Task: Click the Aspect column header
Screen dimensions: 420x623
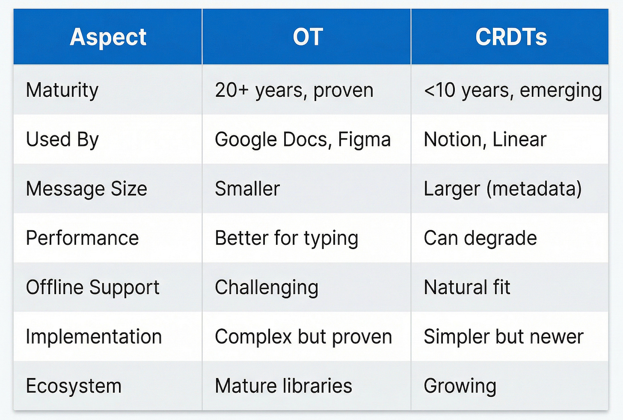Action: [108, 37]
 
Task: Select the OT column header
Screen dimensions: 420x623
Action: [307, 37]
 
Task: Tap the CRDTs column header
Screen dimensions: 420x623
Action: [511, 37]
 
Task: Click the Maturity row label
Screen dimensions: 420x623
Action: [62, 90]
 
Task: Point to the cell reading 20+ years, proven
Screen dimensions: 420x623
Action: [294, 90]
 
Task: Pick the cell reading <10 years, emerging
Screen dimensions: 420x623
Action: [513, 90]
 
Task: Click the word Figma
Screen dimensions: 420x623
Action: [364, 140]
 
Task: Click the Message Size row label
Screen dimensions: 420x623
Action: [86, 189]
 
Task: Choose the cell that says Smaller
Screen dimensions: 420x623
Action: [247, 189]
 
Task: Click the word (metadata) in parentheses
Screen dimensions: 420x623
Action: [534, 189]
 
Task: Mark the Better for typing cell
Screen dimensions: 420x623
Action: [286, 238]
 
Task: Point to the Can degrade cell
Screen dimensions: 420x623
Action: [480, 238]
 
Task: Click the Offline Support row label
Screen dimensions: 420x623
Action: [92, 287]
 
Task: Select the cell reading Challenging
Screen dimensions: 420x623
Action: [267, 288]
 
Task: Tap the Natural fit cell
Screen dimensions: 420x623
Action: [467, 287]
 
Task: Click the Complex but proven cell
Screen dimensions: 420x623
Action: [303, 337]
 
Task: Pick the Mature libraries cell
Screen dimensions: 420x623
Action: [283, 386]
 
